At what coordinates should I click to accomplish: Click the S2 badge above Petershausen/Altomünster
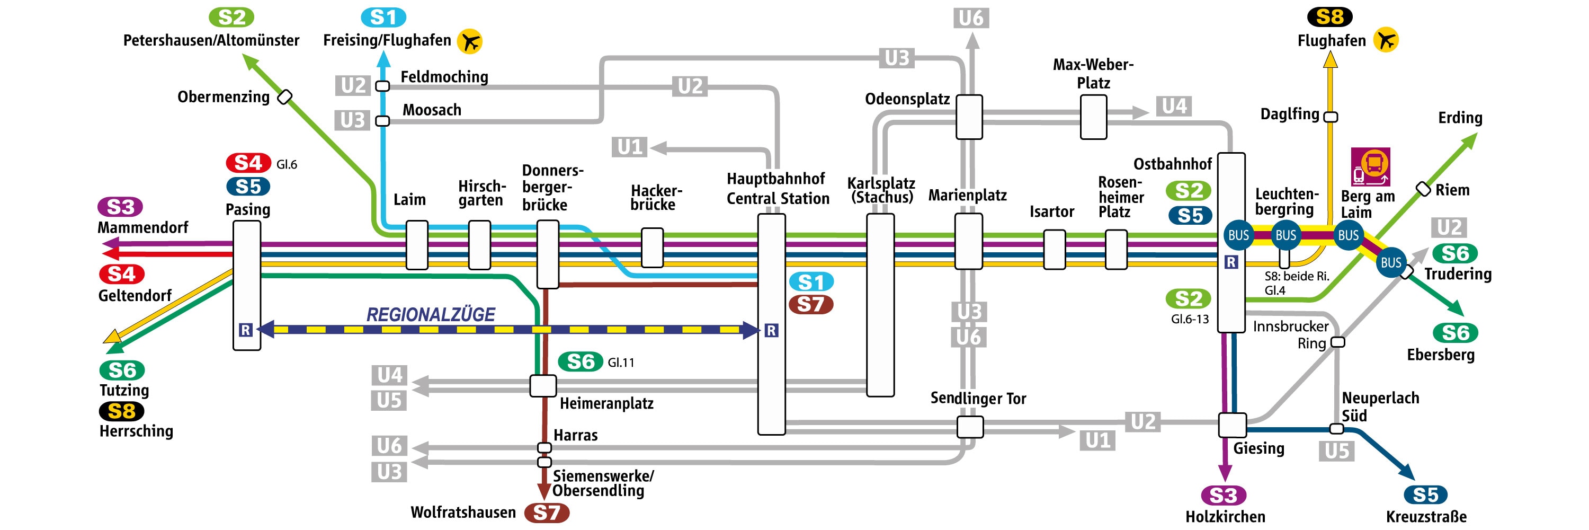point(231,17)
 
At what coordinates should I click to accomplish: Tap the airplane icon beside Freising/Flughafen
point(469,41)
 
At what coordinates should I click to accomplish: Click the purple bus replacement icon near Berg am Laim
point(1370,166)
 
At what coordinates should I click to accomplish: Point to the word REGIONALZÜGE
point(431,315)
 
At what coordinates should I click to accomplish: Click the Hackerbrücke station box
point(652,248)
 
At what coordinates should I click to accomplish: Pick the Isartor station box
point(1054,249)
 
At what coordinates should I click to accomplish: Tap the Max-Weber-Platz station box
point(1093,117)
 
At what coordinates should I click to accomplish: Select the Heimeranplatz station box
point(543,386)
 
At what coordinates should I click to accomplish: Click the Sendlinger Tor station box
point(970,427)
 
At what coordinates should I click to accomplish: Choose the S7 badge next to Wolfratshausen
point(547,513)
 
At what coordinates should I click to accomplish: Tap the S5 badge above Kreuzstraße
point(1425,495)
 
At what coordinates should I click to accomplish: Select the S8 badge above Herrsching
point(121,411)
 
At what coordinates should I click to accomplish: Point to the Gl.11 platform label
point(621,363)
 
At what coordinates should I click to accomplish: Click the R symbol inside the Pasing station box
point(246,330)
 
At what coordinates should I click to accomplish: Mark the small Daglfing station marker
point(1331,117)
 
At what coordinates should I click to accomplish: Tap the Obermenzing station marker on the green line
point(284,97)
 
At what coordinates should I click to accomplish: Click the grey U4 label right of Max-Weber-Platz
point(1174,106)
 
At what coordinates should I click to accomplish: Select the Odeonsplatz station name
point(907,99)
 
